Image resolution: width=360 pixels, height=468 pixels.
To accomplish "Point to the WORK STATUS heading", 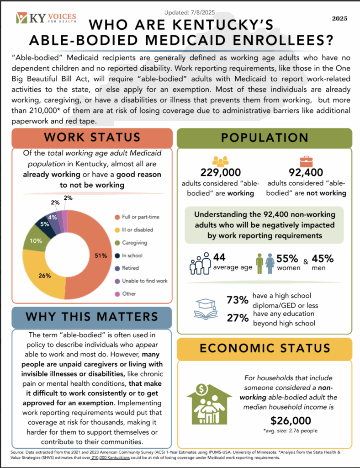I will click(92, 137).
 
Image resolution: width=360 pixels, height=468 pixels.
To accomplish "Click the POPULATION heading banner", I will click(264, 137).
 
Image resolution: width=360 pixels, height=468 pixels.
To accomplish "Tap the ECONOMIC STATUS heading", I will click(264, 348).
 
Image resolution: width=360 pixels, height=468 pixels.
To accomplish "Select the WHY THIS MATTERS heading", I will click(92, 316).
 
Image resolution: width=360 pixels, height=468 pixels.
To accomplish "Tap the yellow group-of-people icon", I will click(220, 161).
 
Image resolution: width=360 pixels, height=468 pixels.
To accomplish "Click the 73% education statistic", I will click(238, 300).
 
